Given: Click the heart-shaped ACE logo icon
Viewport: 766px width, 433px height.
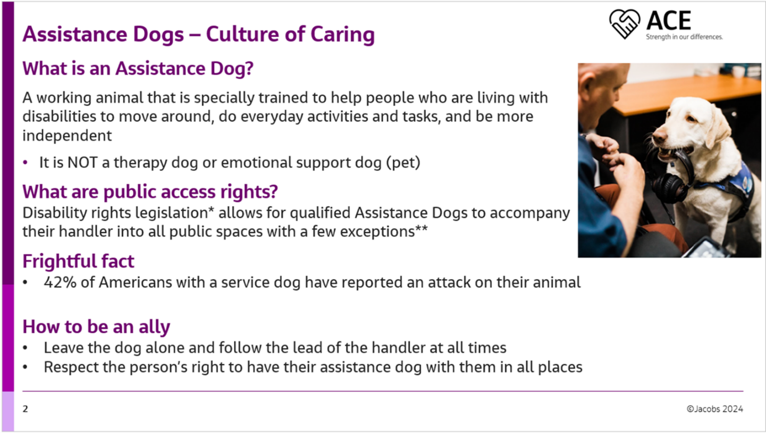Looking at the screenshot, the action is pyautogui.click(x=625, y=24).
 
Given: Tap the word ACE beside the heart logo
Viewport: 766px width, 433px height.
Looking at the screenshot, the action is pyautogui.click(x=669, y=21).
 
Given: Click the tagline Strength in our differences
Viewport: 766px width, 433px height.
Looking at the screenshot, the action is pyautogui.click(x=684, y=37).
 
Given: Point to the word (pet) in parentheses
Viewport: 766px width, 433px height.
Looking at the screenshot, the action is pyautogui.click(x=403, y=163).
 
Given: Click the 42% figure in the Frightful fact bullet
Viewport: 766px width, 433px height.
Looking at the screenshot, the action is pyautogui.click(x=60, y=282).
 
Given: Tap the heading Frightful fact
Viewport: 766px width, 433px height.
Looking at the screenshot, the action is pyautogui.click(x=78, y=261).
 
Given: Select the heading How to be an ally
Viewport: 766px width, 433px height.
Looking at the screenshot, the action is pyautogui.click(x=96, y=327).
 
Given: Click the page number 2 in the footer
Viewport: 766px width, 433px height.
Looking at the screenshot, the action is pyautogui.click(x=26, y=409).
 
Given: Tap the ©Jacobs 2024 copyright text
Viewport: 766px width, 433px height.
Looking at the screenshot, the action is pyautogui.click(x=715, y=409).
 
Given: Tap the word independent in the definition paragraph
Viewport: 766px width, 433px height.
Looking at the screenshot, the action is pyautogui.click(x=67, y=136).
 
